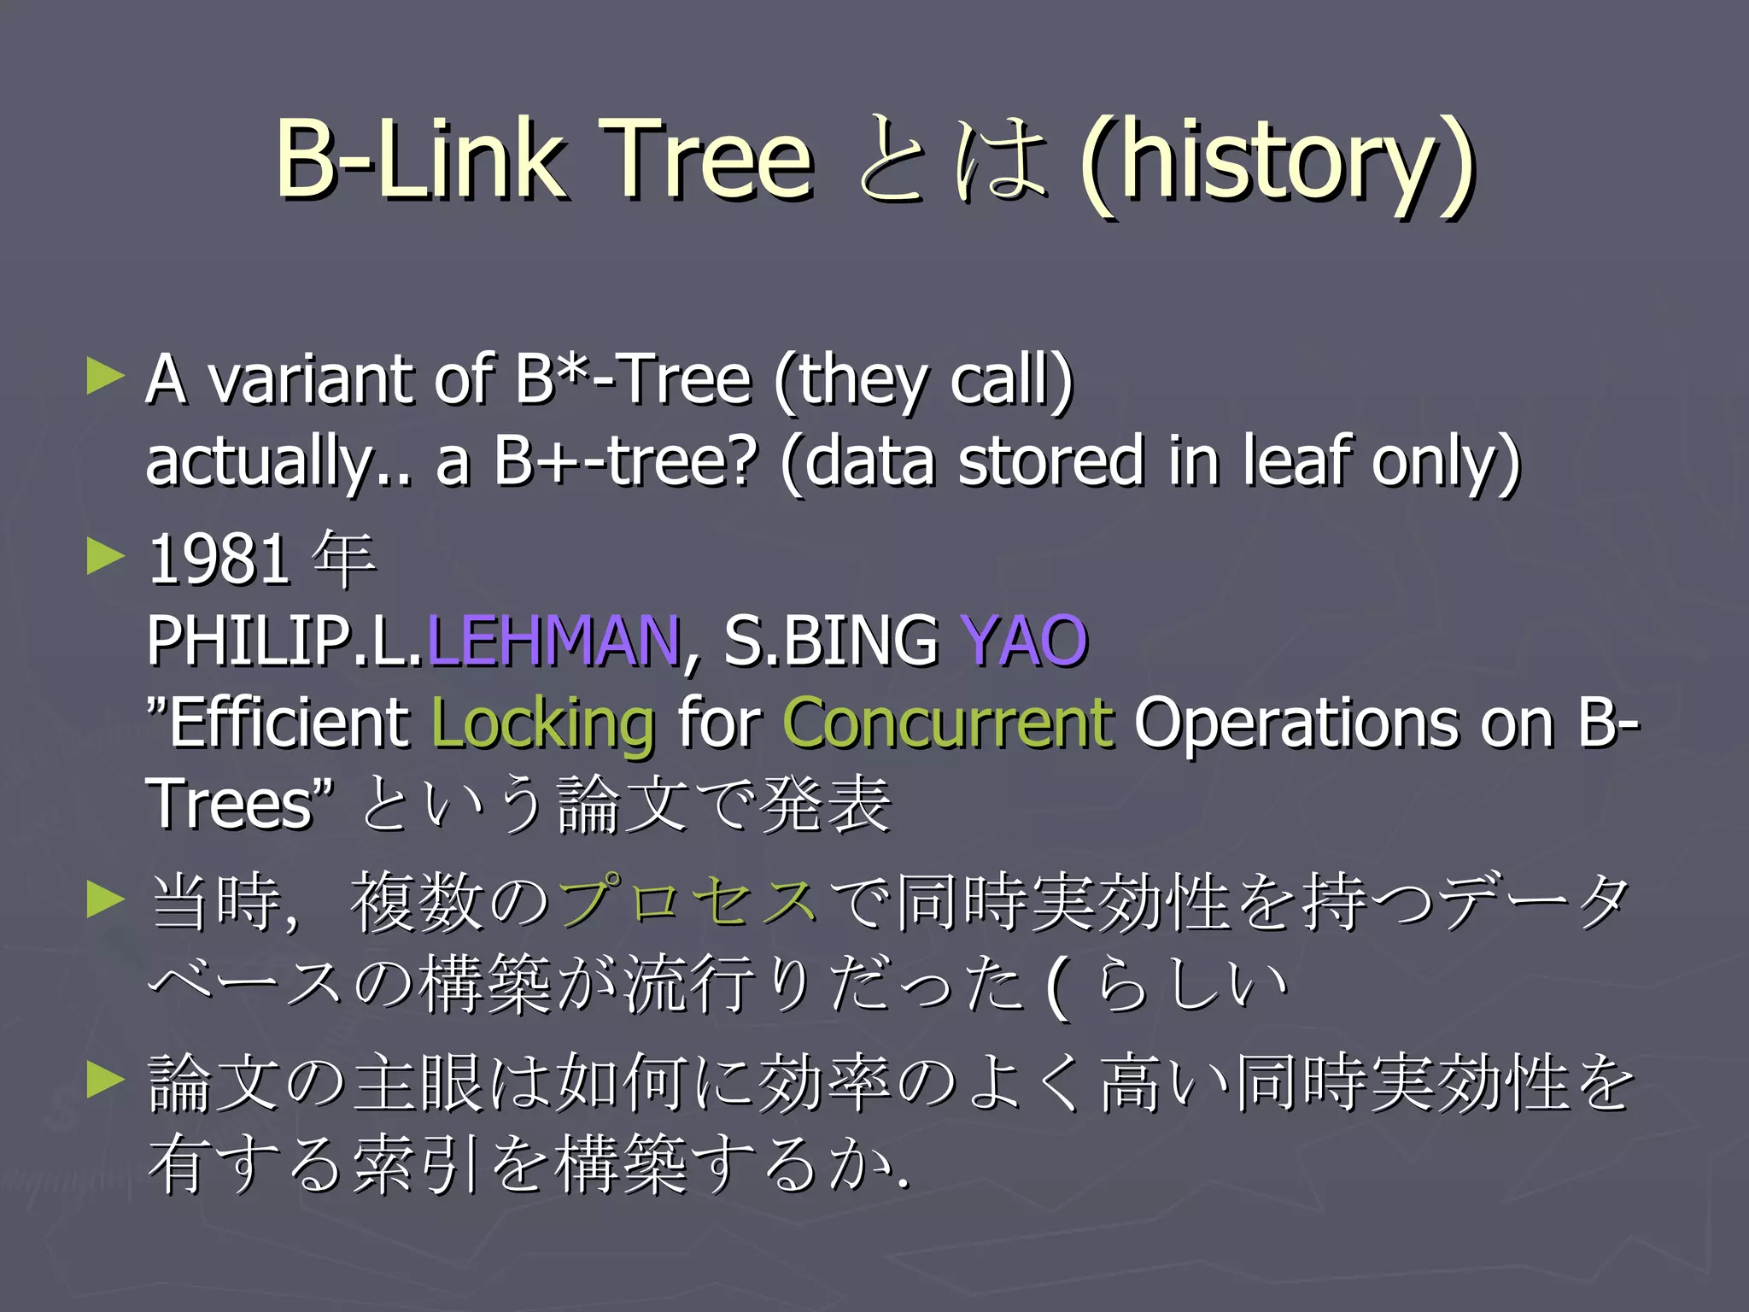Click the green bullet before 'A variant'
pos(106,377)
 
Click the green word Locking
pos(543,723)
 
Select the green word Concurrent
pos(948,723)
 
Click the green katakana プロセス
pos(688,901)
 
